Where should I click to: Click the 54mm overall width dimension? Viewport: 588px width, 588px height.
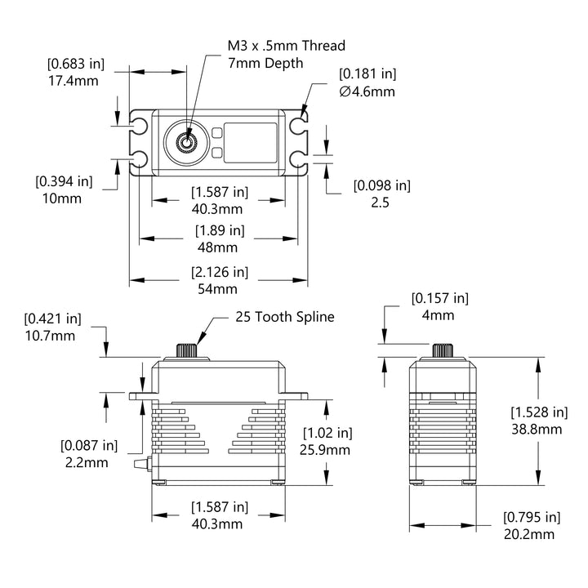coord(218,289)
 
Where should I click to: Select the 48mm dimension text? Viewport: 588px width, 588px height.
coord(218,247)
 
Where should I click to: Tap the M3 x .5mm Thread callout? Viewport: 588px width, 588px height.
coord(286,46)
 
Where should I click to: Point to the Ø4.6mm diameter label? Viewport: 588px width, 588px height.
coord(367,91)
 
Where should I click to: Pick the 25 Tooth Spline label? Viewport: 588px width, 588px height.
coord(285,317)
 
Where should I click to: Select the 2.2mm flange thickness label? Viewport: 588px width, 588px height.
coord(85,463)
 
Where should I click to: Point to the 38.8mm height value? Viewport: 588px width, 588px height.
coord(537,429)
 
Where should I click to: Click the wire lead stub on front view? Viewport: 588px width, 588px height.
coord(141,466)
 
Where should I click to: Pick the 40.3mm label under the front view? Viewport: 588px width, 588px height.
coord(218,523)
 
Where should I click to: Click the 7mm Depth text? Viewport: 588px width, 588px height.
coord(266,63)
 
